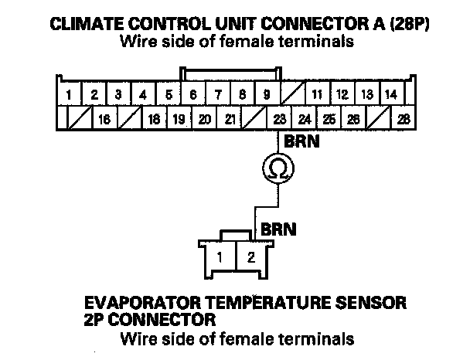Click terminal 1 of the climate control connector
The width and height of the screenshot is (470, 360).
click(69, 96)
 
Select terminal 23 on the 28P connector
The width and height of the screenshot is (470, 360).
click(279, 120)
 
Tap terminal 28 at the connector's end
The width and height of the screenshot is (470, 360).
click(403, 120)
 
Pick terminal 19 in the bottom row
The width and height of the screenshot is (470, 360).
click(179, 120)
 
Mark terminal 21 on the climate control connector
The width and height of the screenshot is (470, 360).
click(230, 120)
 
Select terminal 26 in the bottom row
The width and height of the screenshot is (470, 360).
click(353, 120)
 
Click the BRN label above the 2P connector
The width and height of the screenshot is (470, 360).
click(276, 229)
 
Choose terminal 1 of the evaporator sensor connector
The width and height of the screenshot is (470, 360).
click(221, 257)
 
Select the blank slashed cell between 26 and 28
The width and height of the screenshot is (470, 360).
click(378, 120)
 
